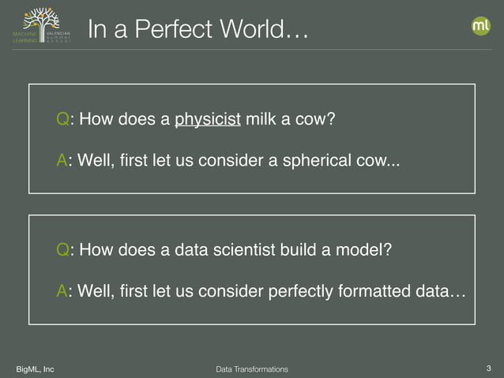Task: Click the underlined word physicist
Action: (x=207, y=120)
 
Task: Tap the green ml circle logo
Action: (x=480, y=26)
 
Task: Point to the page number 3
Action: (x=489, y=368)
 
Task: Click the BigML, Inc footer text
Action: (x=36, y=369)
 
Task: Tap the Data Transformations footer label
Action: (x=252, y=369)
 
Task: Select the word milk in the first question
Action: (x=261, y=120)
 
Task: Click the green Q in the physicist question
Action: (x=62, y=120)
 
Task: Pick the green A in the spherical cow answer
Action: (x=62, y=162)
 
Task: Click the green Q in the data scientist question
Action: (x=62, y=250)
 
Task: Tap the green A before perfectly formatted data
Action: (x=62, y=292)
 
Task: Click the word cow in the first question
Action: (x=315, y=120)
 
